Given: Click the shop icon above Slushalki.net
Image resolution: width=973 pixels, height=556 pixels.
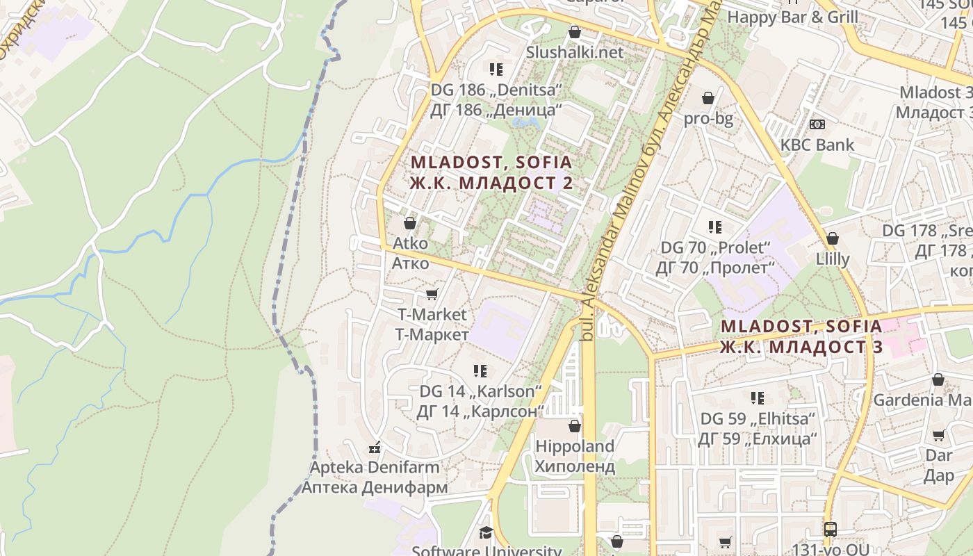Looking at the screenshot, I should click(575, 32).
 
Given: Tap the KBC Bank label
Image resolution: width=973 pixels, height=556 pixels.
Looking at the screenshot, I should click(817, 145).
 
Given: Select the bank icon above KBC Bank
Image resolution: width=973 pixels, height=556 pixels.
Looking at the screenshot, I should click(817, 124).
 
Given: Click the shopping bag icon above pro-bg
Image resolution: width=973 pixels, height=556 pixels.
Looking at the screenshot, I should click(708, 98).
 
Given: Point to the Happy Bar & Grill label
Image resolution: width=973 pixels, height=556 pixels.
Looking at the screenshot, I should click(793, 17).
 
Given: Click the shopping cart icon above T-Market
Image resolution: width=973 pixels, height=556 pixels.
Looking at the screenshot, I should click(432, 295).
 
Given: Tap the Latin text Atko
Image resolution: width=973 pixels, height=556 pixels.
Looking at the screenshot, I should click(410, 244).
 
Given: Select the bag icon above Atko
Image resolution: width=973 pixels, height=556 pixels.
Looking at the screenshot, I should click(410, 223).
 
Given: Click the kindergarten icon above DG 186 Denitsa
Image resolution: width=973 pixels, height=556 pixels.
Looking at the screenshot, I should click(496, 69).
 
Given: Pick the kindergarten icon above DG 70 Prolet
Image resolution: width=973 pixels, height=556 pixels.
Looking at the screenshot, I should click(715, 227).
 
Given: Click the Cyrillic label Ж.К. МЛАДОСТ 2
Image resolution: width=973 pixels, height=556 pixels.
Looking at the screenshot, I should click(491, 183).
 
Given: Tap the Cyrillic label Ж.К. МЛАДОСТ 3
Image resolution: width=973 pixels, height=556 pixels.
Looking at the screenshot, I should click(801, 347).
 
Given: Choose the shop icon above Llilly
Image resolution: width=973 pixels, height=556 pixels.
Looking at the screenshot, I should click(833, 238).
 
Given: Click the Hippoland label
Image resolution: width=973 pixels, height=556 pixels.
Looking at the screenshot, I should click(575, 446).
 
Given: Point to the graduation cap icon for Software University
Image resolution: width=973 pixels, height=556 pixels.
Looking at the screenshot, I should click(486, 532).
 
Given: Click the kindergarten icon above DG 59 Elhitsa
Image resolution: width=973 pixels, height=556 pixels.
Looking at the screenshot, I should click(758, 398).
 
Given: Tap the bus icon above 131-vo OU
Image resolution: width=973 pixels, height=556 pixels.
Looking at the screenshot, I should click(831, 529).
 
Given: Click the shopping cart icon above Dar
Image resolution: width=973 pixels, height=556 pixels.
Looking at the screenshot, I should click(939, 436).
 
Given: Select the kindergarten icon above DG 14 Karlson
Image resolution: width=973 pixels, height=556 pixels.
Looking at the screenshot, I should click(480, 371).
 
